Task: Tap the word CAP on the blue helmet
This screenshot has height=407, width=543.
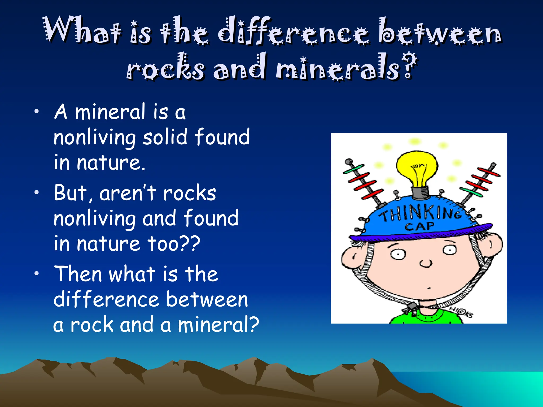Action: pos(420,227)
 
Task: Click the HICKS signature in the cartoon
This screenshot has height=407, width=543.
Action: pos(462,312)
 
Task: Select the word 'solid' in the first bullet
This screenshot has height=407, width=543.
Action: pos(165,137)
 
